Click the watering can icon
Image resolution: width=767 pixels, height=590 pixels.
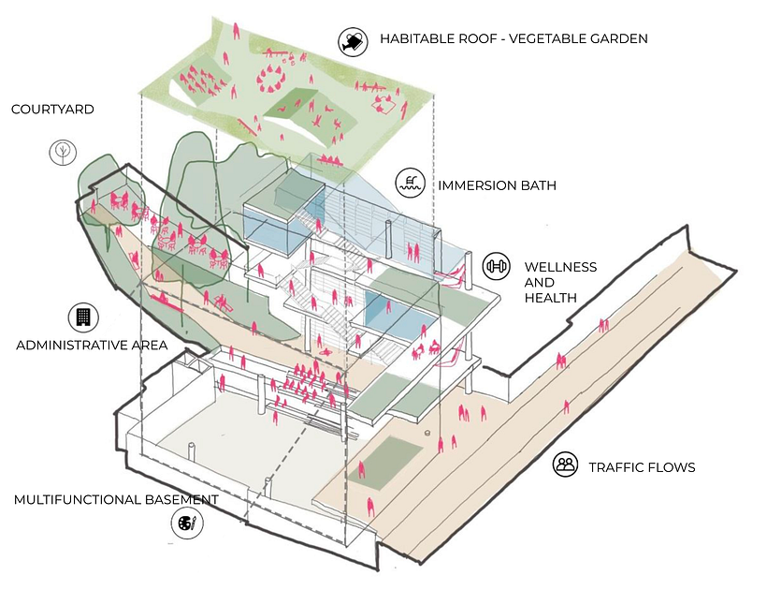click(x=353, y=41)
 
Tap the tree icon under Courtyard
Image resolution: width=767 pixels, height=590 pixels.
click(x=63, y=152)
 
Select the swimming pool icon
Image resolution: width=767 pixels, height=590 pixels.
click(x=410, y=183)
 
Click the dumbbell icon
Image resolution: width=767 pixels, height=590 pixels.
click(x=497, y=266)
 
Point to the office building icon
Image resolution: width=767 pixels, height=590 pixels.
click(x=83, y=317)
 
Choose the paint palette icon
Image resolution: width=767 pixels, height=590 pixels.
click(x=187, y=524)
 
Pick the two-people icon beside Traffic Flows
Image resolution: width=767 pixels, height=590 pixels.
click(x=567, y=464)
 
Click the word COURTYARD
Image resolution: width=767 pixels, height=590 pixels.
click(x=52, y=110)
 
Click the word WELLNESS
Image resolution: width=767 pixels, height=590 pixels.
click(x=560, y=267)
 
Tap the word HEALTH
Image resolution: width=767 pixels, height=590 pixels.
click(x=550, y=298)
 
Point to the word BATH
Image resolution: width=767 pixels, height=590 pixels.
click(x=538, y=185)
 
